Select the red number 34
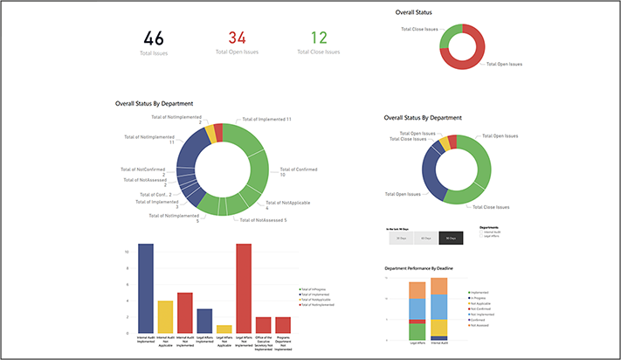(x=238, y=38)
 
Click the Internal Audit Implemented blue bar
(x=146, y=288)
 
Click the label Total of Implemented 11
(x=266, y=118)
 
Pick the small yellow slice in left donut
(x=208, y=132)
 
